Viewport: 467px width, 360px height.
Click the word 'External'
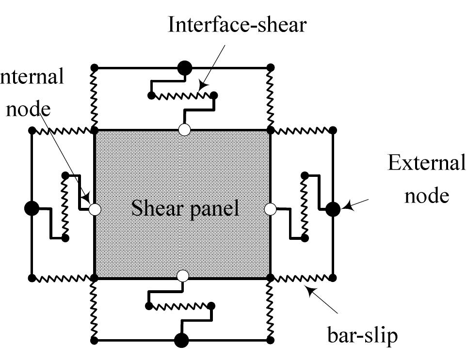[x=426, y=163]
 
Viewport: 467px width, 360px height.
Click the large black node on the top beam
[x=184, y=67]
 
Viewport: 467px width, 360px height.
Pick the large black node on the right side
[x=333, y=209]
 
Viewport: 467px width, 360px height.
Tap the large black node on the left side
[x=32, y=209]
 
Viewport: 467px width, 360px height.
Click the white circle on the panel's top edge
[x=184, y=130]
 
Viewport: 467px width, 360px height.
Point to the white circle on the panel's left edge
[x=95, y=209]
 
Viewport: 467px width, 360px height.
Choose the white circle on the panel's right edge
[x=271, y=209]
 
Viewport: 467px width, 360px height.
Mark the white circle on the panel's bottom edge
[x=182, y=276]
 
